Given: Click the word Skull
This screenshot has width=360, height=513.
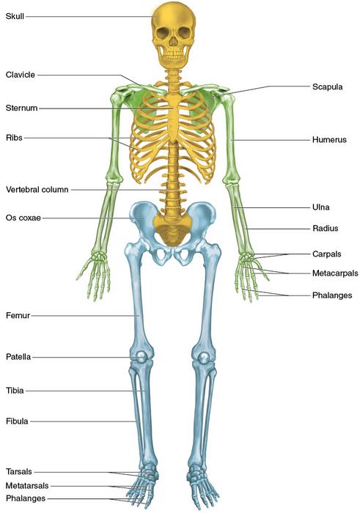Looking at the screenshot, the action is coord(15,16).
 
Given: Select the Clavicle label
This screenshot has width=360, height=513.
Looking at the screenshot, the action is coord(21,75).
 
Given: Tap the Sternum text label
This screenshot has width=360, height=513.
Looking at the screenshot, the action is coord(21,108).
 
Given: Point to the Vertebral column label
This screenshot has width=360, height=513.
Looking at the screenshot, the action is coord(37,189).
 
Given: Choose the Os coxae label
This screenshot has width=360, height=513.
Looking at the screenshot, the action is coord(23,218).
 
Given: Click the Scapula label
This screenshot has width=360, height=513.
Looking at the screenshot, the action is coord(327,86).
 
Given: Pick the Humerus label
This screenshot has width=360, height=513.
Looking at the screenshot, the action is coord(329,140).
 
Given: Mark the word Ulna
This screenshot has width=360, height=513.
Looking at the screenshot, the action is coord(320,207).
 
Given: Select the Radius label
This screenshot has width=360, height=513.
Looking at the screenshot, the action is coord(326,228).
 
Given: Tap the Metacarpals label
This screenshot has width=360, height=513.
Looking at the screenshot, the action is coord(335,273).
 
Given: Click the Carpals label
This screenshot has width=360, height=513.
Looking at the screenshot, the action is coord(326,254).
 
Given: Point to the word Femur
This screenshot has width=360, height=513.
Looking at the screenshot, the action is coord(18,315).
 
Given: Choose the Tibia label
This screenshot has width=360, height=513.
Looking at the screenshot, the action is coord(15,391).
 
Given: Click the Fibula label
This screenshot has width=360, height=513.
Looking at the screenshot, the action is coord(17,421).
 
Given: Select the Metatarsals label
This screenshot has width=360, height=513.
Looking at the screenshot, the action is coord(27,485).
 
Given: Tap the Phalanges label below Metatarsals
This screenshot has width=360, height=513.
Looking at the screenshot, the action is coord(26,498).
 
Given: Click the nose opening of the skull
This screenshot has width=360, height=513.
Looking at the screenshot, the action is coord(173,41).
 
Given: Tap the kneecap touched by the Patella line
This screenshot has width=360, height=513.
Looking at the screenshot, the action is coord(141,356).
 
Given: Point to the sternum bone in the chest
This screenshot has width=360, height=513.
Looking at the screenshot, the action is coord(174,117).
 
